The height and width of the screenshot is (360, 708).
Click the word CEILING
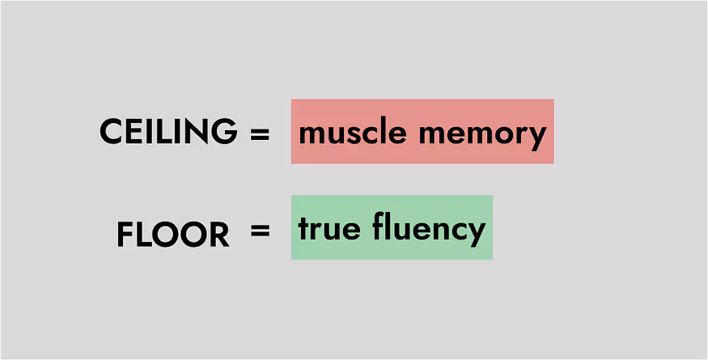pos(168,131)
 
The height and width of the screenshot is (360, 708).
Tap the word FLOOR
pos(173,235)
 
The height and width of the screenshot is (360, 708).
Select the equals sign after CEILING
pos(260,133)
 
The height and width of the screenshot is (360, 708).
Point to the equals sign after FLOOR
pos(260,232)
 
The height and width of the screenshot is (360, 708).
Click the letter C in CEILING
pos(112,131)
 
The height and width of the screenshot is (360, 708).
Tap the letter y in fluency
pos(477,233)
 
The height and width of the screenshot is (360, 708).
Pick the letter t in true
pos(303,229)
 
